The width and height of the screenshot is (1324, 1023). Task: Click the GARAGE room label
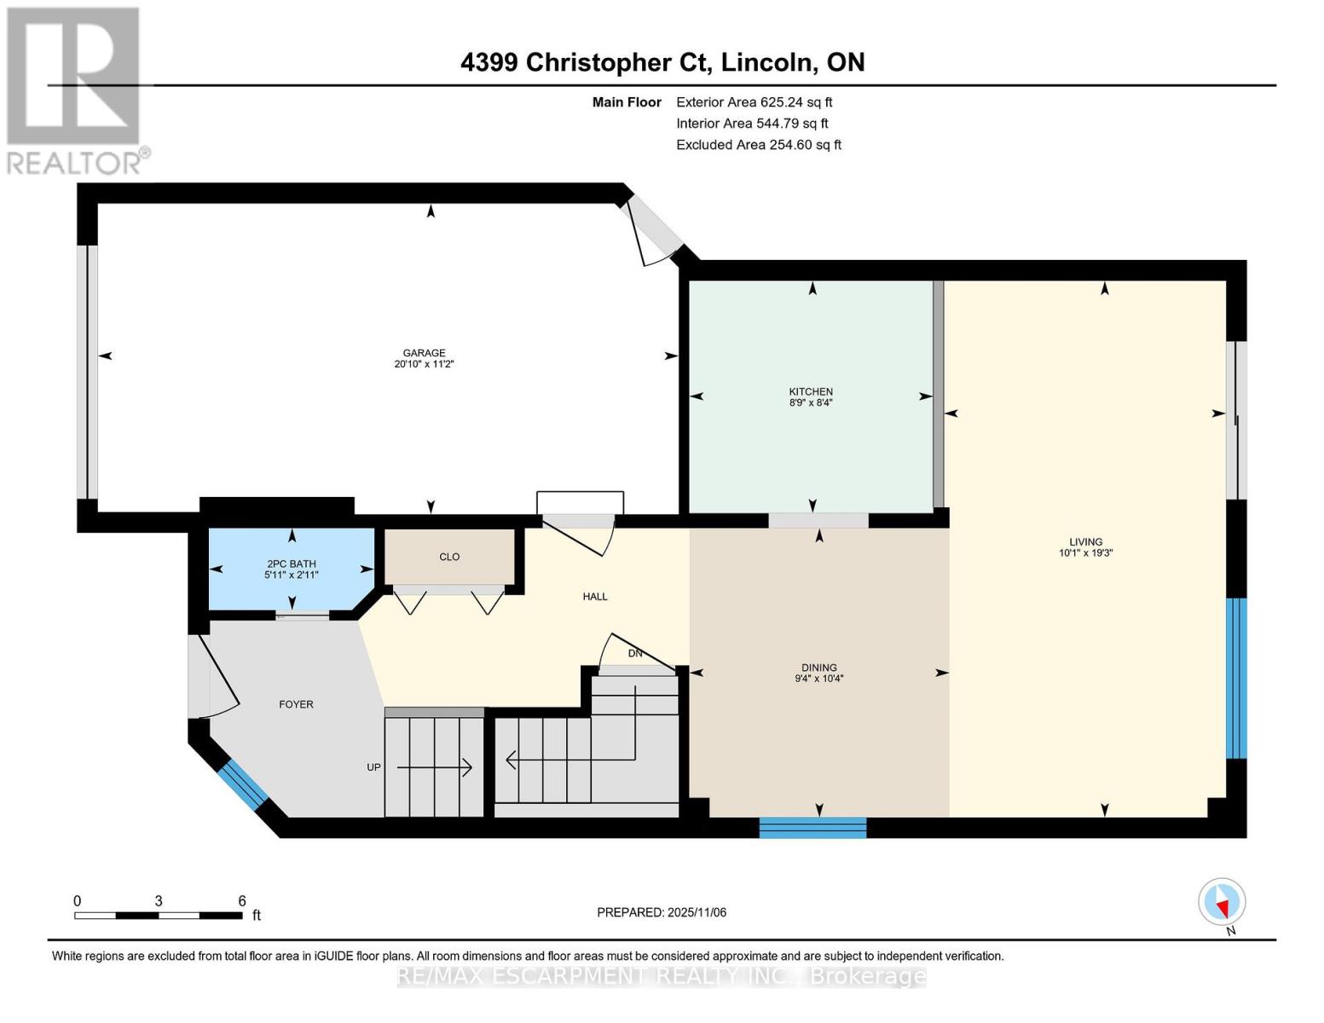[425, 353]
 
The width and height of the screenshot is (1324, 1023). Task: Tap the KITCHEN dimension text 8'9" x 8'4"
[811, 403]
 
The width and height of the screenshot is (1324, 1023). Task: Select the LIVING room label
[1086, 541]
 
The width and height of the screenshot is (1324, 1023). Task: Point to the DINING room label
[819, 668]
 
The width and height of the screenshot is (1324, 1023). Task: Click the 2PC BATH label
[291, 564]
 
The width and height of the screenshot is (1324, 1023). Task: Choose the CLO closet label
[449, 557]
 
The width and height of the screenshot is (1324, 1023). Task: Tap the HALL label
[595, 597]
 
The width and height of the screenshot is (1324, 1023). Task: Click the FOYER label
[297, 704]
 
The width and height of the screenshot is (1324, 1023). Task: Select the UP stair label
[373, 767]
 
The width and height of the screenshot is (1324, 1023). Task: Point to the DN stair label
[635, 654]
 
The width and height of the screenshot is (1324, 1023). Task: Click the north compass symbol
[1222, 902]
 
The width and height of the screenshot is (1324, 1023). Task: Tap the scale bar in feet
[159, 915]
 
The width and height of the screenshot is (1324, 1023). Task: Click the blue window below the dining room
[812, 827]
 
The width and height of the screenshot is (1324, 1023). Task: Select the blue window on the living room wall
[1236, 678]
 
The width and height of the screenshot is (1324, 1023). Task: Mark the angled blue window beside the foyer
[242, 784]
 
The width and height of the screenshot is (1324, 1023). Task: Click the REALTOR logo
[73, 90]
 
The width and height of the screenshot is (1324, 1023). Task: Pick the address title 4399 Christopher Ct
[662, 62]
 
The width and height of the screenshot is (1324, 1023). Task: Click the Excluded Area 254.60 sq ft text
[759, 145]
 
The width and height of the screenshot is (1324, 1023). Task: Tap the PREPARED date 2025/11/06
[662, 912]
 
